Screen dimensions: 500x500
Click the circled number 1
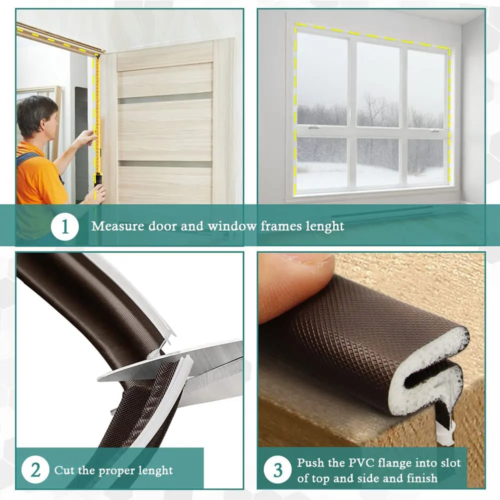(65, 226)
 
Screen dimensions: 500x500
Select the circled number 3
(278, 470)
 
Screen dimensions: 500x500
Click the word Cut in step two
(63, 470)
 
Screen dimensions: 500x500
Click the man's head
(36, 116)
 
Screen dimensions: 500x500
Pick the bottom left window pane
(322, 162)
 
